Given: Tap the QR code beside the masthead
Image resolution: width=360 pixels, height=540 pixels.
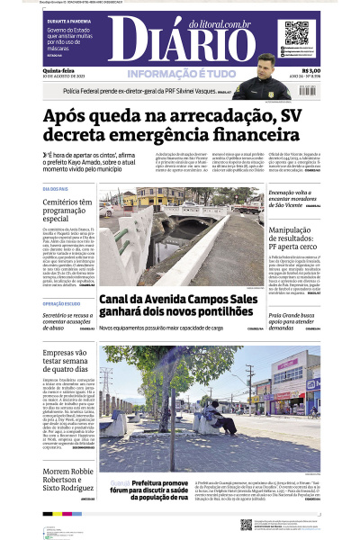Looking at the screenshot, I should (x=297, y=33).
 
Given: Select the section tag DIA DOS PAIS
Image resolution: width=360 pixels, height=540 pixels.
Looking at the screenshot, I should (x=55, y=189).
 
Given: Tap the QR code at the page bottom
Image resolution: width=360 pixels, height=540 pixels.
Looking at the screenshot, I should (x=247, y=524).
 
